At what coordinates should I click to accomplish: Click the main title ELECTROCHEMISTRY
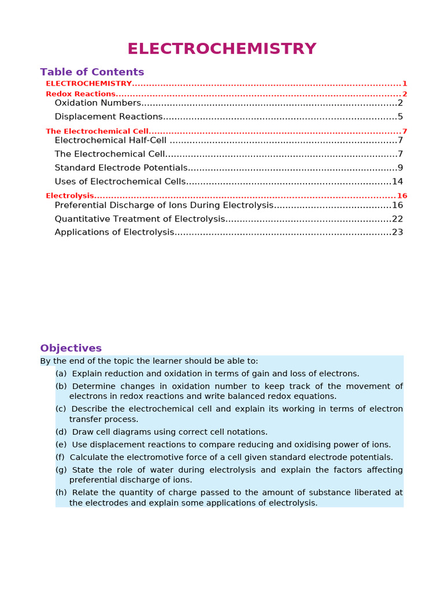222,49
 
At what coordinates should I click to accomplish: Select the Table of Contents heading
92,72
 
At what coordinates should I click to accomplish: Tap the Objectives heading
71,348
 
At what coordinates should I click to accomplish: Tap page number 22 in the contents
397,219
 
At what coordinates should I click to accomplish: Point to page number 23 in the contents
397,232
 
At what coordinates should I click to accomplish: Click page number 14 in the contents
397,182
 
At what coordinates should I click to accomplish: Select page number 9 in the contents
400,168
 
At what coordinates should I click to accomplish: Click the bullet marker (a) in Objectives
61,374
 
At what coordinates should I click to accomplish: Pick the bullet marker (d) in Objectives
61,432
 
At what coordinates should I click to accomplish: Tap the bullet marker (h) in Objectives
61,493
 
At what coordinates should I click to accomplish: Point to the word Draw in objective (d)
81,432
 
